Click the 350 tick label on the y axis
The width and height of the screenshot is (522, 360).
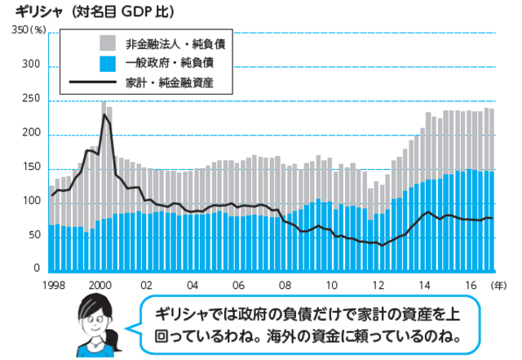pyautogui.click(x=18, y=31)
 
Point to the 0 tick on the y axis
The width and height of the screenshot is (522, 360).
pyautogui.click(x=35, y=269)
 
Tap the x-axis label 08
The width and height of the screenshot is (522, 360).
pyautogui.click(x=285, y=285)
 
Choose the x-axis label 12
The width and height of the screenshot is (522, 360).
pyautogui.click(x=378, y=285)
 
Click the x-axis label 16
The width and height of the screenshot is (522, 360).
pyautogui.click(x=471, y=285)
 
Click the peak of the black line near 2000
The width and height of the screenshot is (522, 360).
pyautogui.click(x=104, y=115)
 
